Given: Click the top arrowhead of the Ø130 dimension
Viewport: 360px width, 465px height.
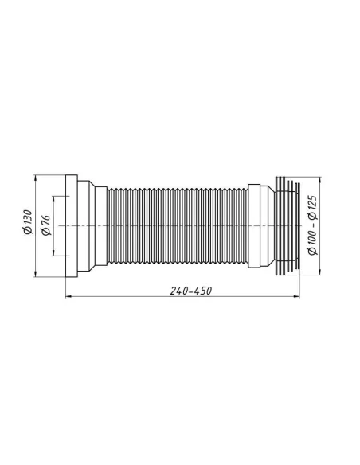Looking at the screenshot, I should pos(37,177).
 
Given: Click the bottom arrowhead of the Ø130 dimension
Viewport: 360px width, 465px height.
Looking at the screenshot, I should pos(37,275).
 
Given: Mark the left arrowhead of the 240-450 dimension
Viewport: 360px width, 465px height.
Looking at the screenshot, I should pos(66,298).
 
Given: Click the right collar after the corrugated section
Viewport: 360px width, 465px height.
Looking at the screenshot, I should pos(256,226).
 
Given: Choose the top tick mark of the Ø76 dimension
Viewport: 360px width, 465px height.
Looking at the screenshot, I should pos(54,197).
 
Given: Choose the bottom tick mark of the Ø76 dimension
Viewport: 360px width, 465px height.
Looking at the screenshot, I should pos(54,256).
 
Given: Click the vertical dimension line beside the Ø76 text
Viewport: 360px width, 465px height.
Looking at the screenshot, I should pos(54,239).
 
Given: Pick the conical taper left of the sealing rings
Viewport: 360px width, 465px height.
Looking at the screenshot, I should pos(268,226).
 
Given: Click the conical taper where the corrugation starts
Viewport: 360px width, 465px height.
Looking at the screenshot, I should pos(100,226).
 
